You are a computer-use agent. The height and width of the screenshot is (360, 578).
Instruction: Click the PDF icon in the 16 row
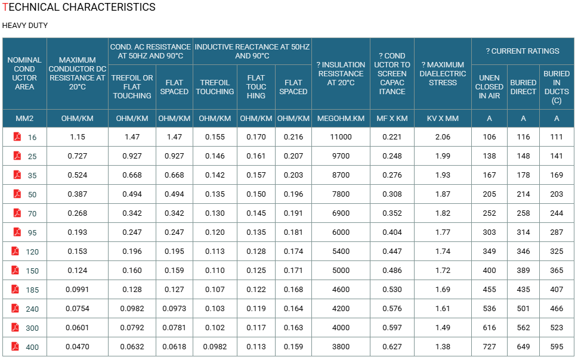17,136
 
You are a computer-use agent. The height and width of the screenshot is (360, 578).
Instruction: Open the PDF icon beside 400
15,347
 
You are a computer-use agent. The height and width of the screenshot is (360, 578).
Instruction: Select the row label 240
32,309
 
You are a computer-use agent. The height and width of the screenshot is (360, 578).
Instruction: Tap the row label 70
32,214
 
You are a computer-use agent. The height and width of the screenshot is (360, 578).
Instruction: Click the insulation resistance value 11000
341,137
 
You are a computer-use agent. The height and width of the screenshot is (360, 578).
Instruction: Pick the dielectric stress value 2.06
443,137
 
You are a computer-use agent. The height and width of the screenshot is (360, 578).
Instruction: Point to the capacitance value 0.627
392,347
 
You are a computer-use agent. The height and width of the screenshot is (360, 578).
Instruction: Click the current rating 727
489,347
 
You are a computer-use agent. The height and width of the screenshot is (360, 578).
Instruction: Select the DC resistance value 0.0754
78,309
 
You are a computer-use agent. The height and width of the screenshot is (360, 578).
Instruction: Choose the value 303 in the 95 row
489,232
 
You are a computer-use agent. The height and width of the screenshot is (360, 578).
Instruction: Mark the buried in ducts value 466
557,309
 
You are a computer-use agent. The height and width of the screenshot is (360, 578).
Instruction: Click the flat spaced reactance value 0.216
293,137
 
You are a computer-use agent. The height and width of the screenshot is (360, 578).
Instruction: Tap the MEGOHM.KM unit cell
341,119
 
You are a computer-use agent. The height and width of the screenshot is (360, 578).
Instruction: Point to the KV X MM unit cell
443,119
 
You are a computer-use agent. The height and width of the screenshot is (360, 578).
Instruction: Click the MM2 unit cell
24,119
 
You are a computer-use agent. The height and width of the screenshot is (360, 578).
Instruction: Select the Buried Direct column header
523,87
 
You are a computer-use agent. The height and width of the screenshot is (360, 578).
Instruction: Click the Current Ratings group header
523,51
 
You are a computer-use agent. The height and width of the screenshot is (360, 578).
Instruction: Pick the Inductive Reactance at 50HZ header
252,51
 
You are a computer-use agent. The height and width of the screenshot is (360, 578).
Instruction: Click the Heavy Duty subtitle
25,26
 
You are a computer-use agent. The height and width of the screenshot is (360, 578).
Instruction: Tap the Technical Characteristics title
79,7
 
